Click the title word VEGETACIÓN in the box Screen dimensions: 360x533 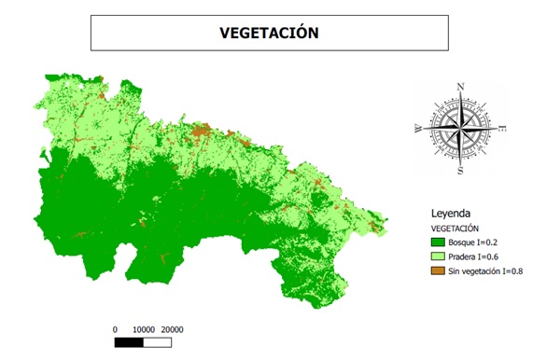tap(269, 32)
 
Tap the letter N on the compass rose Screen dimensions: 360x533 tap(460, 88)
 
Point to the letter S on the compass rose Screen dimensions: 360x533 tap(460, 172)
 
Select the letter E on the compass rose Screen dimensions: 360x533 tap(503, 128)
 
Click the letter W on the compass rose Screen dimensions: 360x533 tap(417, 130)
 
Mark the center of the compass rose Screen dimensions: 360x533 tap(460, 129)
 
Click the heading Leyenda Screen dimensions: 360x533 tap(455, 212)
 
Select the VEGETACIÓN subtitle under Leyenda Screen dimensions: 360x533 tap(456, 228)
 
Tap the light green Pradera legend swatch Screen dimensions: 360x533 tap(437, 256)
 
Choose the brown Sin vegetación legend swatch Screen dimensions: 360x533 tap(437, 270)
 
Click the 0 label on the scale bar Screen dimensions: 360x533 tap(115, 329)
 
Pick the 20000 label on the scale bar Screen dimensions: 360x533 tap(173, 329)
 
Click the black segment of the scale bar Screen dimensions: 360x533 tap(129, 342)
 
